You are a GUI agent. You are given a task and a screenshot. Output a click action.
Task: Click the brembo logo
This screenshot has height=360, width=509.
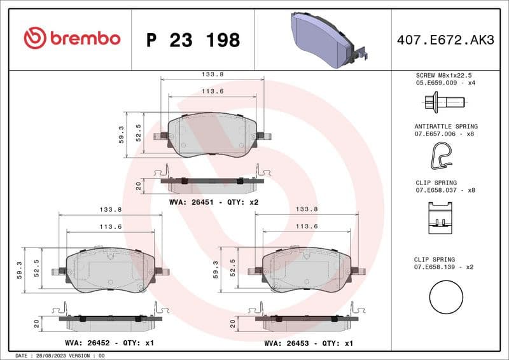72,39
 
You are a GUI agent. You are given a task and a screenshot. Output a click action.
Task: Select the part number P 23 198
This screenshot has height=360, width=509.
193,40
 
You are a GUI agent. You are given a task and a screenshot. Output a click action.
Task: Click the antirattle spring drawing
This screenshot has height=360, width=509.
444,155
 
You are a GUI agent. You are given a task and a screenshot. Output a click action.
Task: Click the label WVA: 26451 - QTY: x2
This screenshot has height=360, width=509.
214,202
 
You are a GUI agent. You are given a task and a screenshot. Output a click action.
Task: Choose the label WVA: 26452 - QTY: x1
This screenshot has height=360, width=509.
111,343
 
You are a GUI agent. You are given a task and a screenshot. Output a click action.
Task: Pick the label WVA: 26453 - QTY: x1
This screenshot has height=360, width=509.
309,343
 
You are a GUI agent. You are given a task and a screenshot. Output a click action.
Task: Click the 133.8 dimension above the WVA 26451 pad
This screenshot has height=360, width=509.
212,74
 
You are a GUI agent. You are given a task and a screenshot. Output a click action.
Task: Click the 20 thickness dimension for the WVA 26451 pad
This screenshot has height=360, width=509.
138,185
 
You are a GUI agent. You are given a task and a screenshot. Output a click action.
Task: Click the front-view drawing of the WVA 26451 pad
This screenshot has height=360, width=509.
212,135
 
